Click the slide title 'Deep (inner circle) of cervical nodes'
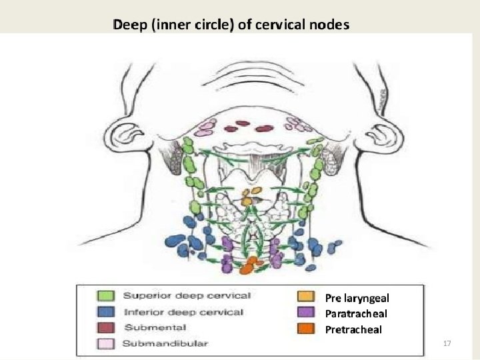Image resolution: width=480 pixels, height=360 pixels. (231, 25)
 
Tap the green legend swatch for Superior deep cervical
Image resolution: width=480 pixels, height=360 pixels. (107, 295)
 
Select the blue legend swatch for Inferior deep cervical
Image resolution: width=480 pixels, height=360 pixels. (107, 312)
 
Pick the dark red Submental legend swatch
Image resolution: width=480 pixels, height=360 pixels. (107, 327)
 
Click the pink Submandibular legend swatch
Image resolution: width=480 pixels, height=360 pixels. (107, 343)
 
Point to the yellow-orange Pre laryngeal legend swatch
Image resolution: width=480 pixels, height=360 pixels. (307, 297)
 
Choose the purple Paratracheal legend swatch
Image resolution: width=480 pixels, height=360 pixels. (307, 313)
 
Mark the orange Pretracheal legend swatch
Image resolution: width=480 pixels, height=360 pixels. (307, 329)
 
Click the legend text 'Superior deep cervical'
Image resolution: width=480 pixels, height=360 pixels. (187, 295)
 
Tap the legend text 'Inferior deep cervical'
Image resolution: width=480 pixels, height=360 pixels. (184, 312)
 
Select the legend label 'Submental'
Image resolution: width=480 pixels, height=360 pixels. (155, 327)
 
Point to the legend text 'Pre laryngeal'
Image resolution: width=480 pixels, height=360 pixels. (357, 298)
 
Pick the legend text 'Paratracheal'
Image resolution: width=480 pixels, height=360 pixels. (356, 313)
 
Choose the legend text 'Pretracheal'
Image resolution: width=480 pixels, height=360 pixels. (353, 329)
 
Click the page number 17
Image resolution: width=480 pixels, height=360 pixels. (447, 343)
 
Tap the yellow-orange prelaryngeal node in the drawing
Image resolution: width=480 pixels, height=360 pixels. (248, 198)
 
